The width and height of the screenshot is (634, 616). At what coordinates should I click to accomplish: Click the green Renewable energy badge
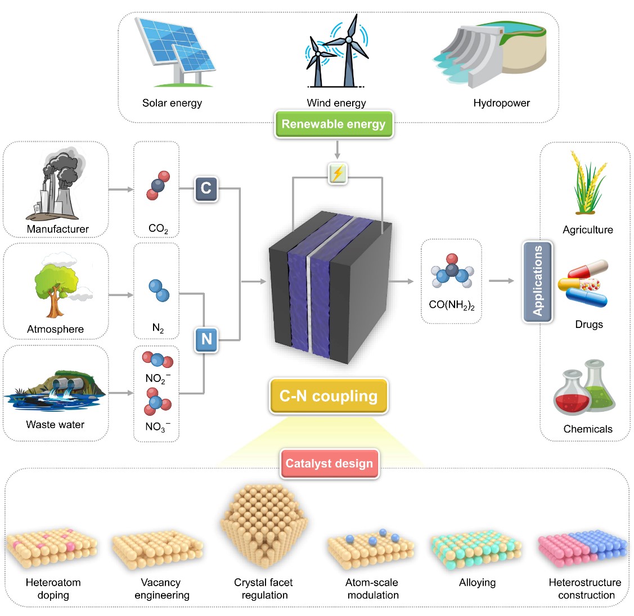pos(334,124)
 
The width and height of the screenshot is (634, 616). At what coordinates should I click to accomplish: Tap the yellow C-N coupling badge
pos(329,396)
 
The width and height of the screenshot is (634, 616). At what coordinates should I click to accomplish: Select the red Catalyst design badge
pos(329,464)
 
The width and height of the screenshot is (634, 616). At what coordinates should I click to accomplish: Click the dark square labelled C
pos(206,188)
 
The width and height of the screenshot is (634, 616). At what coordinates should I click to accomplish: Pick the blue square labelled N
pos(206,339)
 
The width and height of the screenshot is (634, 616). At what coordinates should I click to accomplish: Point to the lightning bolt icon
pos(338,173)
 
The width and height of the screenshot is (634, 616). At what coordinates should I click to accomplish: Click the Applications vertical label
pos(538,281)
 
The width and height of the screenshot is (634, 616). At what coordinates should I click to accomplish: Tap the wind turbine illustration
pos(338,53)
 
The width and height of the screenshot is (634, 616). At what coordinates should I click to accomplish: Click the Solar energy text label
pos(172,103)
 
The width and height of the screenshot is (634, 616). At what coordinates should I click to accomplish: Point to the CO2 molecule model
pos(158,186)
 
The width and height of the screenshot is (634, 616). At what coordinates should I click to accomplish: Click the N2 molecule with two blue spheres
pos(159,290)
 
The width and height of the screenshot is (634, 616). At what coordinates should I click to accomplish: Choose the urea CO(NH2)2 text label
pos(452,305)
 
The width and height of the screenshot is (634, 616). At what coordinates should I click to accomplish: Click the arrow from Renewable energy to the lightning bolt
pos(337,150)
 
